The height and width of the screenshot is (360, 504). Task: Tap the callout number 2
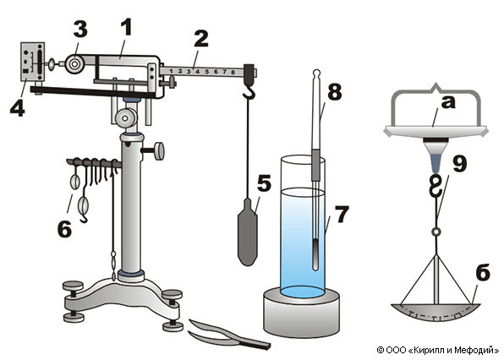tap(201, 39)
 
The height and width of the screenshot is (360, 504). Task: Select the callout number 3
tap(80, 30)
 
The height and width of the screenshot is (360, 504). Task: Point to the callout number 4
tap(18, 107)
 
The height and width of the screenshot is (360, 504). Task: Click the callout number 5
tap(264, 183)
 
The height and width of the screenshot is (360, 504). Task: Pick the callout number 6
tap(64, 229)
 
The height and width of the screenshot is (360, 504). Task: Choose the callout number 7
tap(342, 214)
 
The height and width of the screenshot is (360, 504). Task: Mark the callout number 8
tap(335, 91)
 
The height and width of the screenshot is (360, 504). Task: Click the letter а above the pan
tap(448, 103)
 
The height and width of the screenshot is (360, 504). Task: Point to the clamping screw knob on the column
tap(159, 151)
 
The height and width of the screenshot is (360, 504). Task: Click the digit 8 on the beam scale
tap(233, 73)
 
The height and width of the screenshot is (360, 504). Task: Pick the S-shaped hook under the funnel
tap(436, 186)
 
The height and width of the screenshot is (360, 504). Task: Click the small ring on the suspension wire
tap(436, 232)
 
